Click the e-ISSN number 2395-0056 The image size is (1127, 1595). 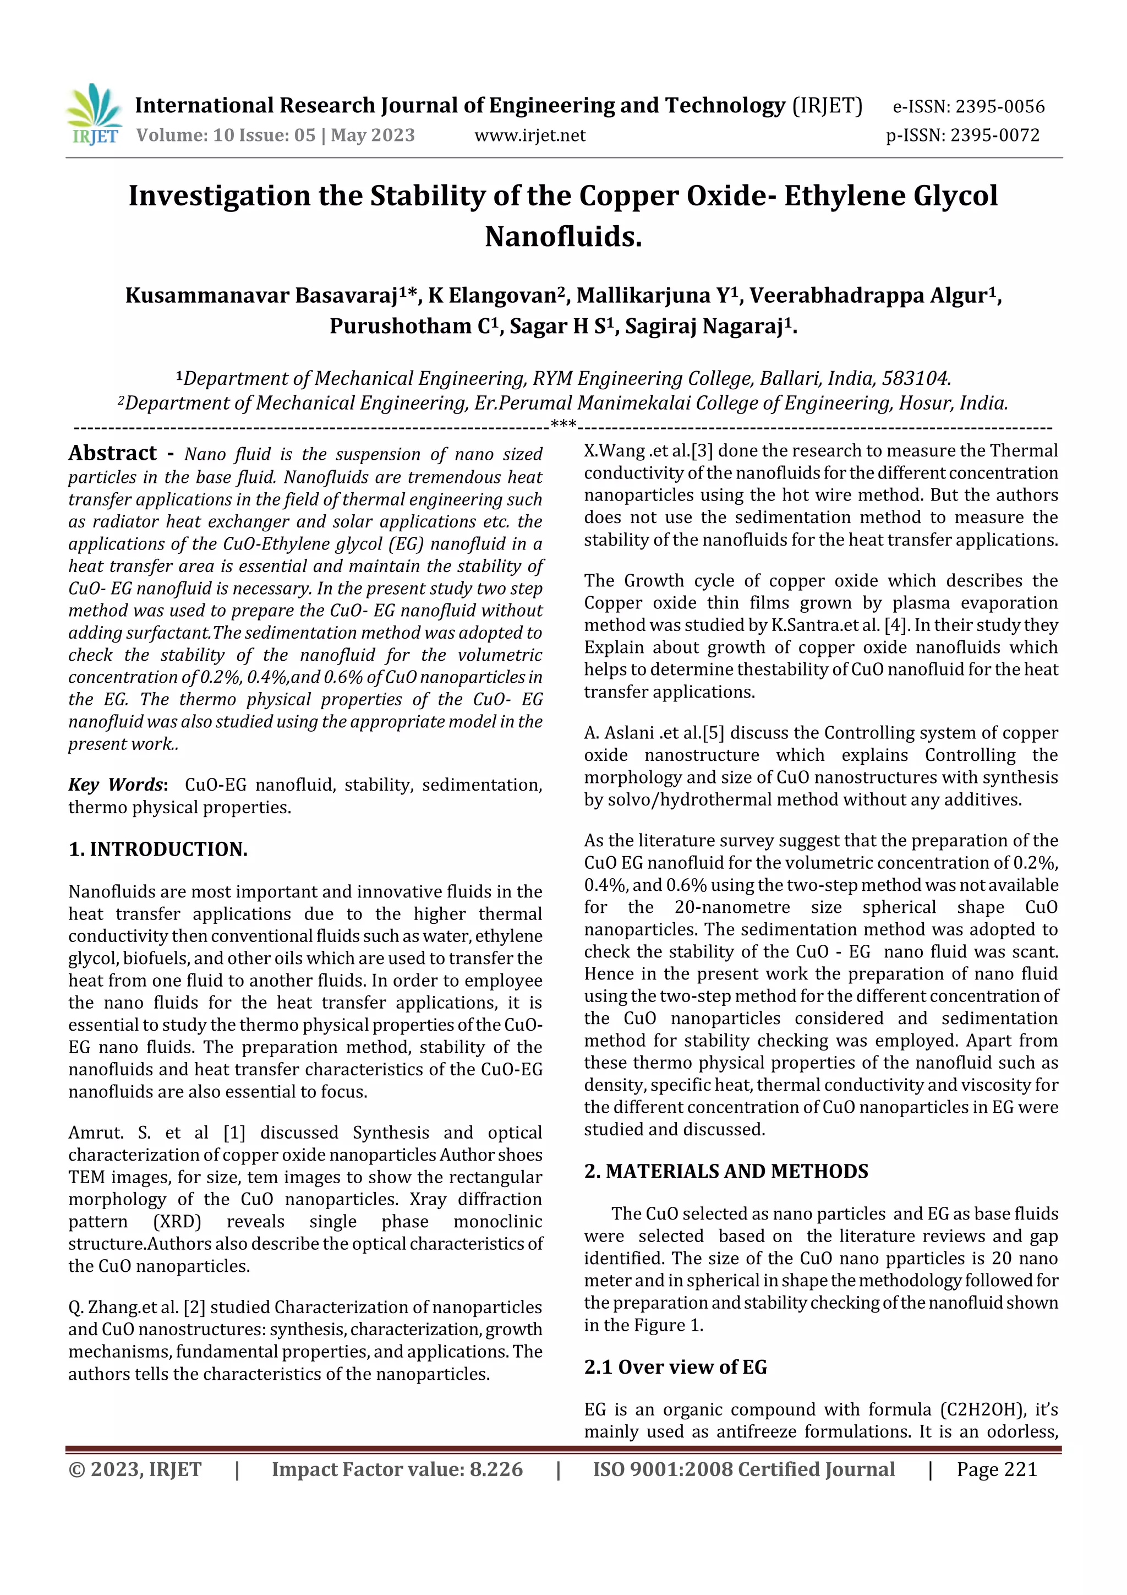999,107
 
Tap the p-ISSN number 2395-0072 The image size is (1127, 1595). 994,135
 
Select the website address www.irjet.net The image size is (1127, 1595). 530,135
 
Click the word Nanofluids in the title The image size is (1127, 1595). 563,237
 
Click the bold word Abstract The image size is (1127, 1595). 112,453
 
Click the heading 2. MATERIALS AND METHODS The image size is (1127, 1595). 726,1171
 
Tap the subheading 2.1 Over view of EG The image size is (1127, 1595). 675,1367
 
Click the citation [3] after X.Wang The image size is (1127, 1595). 702,451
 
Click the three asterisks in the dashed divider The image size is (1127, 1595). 562,424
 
